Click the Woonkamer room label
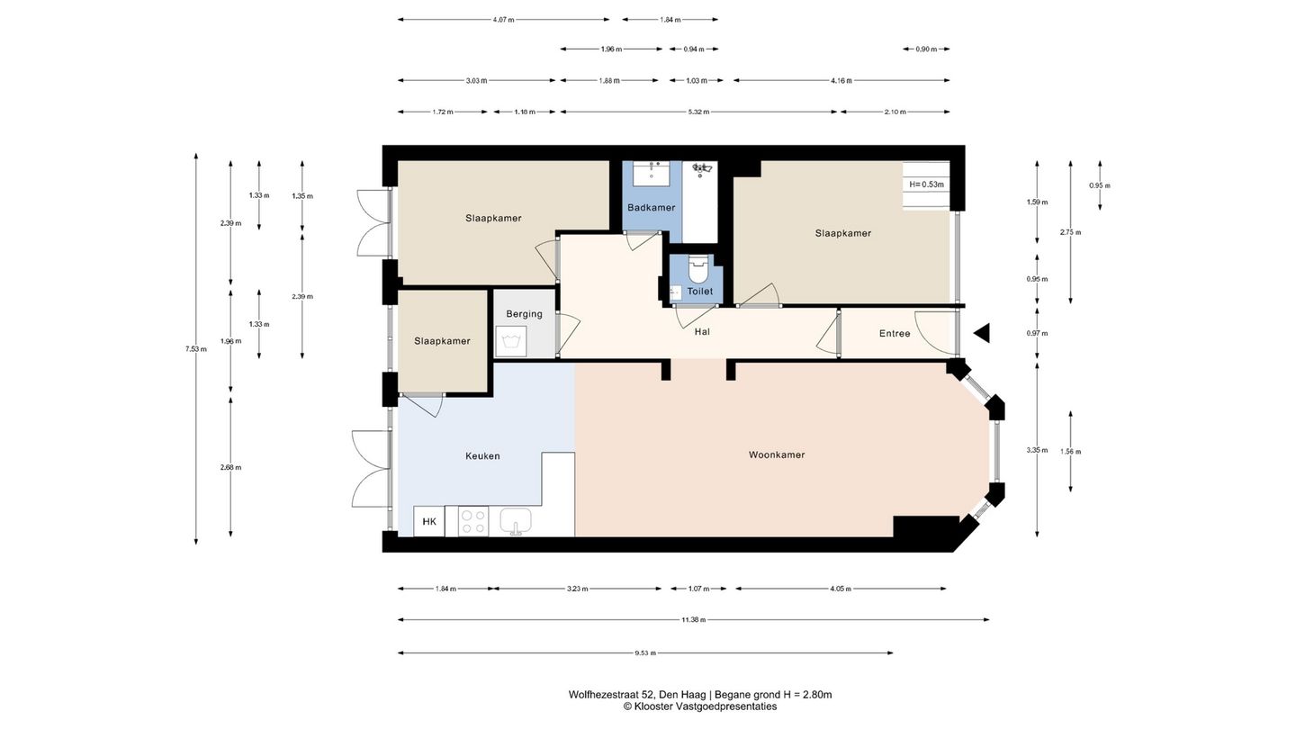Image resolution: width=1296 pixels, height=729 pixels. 777,454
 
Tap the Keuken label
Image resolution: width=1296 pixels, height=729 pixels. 482,456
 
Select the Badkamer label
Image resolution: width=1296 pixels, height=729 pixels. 651,207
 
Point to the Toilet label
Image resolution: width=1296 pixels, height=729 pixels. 700,292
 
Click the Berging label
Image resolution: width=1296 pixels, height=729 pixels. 524,314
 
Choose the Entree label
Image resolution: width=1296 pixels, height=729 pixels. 895,333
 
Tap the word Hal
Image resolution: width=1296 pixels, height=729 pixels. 702,331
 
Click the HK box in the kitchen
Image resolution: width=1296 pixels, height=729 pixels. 428,521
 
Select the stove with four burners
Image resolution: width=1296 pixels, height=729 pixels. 473,521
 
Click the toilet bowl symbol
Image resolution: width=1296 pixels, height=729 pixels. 698,269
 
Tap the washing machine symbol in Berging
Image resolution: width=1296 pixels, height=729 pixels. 511,341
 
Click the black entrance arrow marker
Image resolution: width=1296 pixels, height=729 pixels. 981,333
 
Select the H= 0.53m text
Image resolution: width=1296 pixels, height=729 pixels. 926,184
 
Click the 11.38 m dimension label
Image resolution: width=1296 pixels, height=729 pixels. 693,619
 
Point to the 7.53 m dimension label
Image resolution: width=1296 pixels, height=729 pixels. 196,349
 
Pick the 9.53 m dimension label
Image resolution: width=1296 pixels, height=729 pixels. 645,653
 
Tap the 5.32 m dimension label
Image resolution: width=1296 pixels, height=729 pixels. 698,112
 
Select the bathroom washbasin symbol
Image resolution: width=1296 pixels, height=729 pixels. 652,173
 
